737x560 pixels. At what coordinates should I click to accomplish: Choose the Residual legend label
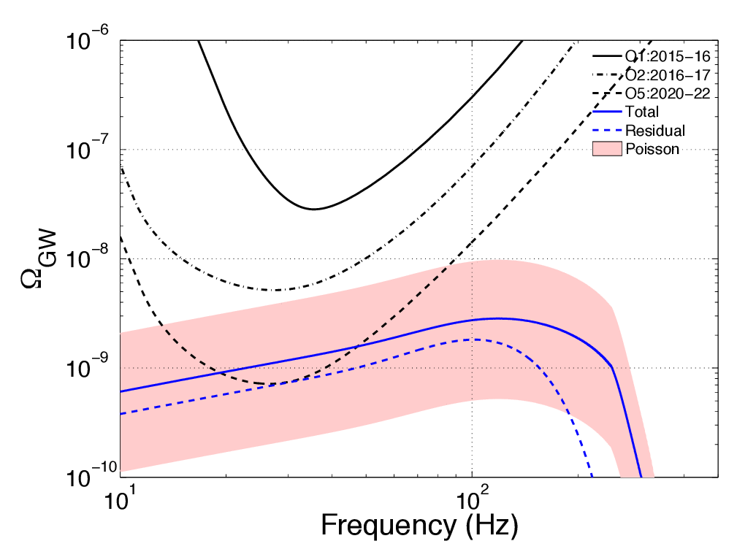pyautogui.click(x=654, y=131)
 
